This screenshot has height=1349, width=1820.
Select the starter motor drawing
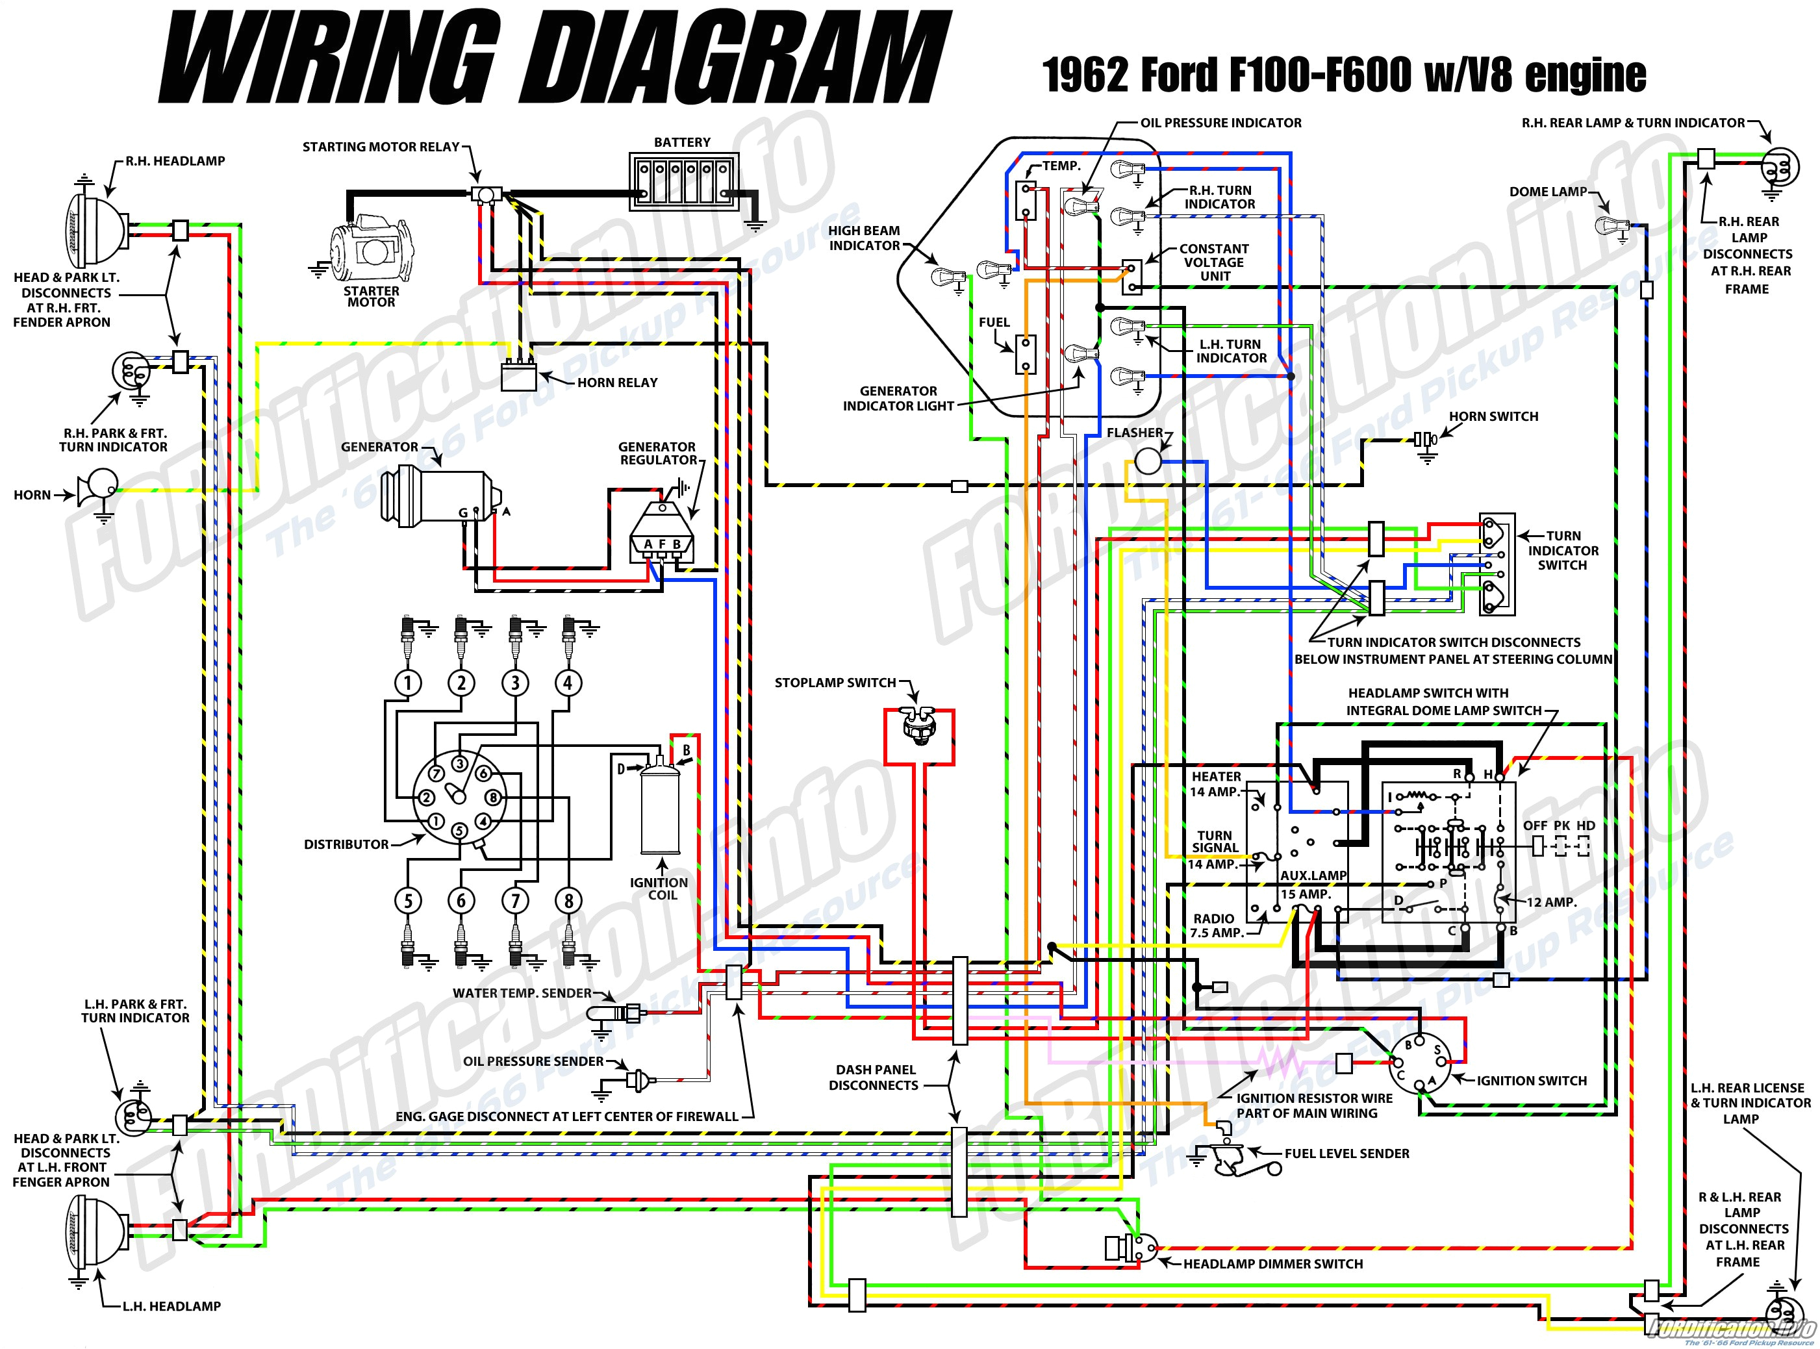[369, 249]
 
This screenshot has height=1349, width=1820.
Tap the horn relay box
[519, 378]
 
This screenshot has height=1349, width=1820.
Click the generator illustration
[441, 495]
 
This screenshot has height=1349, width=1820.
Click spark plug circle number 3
[514, 683]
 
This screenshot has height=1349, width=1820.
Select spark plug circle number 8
[568, 901]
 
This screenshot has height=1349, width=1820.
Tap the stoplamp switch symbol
[918, 725]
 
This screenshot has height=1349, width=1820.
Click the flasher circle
[1147, 463]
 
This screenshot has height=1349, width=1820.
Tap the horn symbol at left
[99, 489]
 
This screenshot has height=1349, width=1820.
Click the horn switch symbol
[1426, 440]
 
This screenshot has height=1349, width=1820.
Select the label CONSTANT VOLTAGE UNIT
[1213, 262]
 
